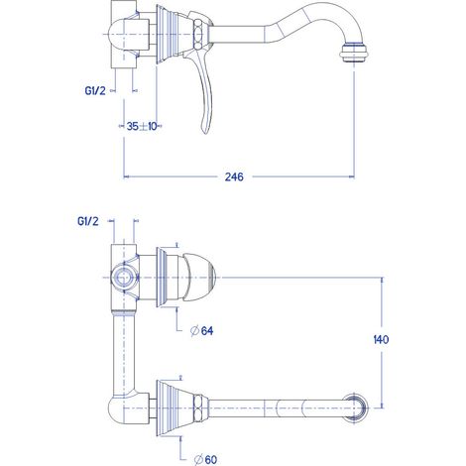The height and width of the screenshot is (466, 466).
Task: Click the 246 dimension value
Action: [x=234, y=176]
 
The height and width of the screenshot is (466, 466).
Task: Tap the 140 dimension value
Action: [x=381, y=339]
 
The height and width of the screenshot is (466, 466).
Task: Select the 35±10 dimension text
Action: [x=142, y=126]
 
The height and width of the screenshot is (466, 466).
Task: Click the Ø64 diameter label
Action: [x=202, y=330]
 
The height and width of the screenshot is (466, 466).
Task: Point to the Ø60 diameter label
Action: [x=205, y=459]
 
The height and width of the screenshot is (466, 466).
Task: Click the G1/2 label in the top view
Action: [x=95, y=90]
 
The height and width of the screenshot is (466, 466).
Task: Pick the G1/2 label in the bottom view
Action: [x=88, y=221]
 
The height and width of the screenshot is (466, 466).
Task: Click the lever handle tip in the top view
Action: [x=205, y=131]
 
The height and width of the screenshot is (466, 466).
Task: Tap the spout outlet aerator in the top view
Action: [x=354, y=53]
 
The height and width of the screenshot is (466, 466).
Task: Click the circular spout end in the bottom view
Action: [x=355, y=408]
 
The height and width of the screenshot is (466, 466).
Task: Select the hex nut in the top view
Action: [x=198, y=35]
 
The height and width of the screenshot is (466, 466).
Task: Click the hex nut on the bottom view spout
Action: [x=198, y=408]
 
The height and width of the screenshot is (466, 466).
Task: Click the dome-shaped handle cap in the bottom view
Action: [x=199, y=278]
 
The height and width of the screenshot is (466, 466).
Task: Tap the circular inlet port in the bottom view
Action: [x=124, y=278]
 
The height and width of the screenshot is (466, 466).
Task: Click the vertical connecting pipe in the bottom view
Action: [x=124, y=354]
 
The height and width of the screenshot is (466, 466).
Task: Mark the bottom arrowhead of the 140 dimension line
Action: [x=383, y=405]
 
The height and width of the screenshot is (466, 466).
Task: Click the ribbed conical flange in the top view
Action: [x=175, y=35]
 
